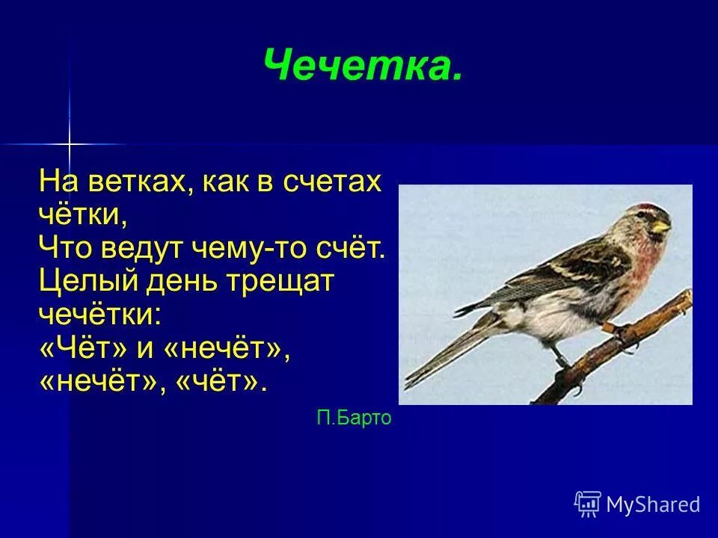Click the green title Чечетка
[363, 67]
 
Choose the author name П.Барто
[354, 418]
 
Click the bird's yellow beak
[661, 225]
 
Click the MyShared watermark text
[653, 505]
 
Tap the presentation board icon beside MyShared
[588, 504]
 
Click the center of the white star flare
[69, 143]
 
